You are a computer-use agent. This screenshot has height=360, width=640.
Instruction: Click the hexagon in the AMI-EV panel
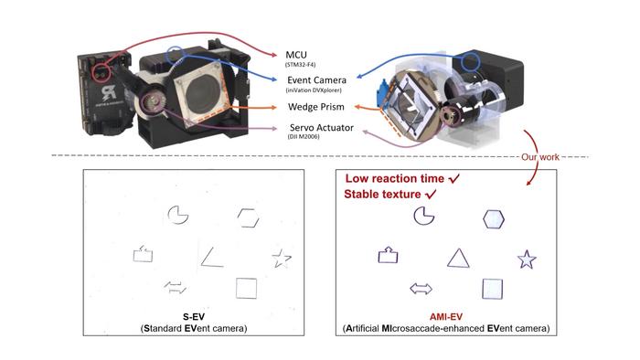[x=494, y=218]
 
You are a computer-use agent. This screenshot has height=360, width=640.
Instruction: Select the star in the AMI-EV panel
[x=527, y=259]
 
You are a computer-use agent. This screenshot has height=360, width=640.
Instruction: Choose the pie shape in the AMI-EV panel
[x=423, y=216]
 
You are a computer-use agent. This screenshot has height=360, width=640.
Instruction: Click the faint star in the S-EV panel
[x=281, y=259]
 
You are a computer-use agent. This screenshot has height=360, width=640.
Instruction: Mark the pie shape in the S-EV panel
[x=178, y=215]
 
